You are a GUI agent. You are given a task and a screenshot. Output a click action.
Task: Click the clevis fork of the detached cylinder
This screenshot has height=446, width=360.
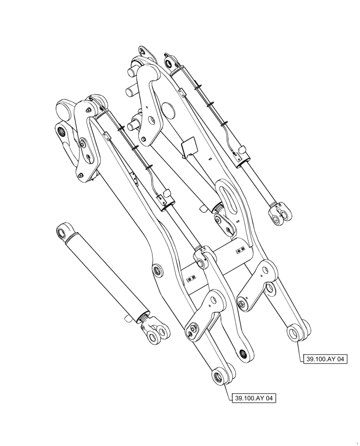coord(157,334)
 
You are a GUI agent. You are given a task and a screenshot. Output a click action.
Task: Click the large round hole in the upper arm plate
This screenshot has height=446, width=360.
coord(168,108)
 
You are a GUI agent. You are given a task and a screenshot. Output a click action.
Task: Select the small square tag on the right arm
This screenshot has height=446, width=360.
coord(189,146)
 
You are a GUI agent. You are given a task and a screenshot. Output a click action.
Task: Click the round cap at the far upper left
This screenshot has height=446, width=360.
coord(65,108)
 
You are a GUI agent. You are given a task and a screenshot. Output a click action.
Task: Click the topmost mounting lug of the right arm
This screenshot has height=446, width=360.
coord(146,51)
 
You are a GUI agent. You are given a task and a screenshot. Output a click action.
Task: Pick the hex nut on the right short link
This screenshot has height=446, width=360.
coord(241,305)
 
